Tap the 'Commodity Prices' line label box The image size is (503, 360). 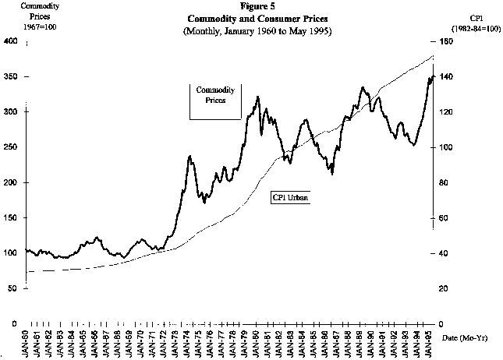214,95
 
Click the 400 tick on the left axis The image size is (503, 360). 10,41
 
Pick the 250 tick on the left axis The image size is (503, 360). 10,147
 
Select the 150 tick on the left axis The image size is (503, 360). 10,218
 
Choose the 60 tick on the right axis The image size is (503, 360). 445,218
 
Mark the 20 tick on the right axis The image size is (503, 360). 445,288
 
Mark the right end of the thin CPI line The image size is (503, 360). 434,56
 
